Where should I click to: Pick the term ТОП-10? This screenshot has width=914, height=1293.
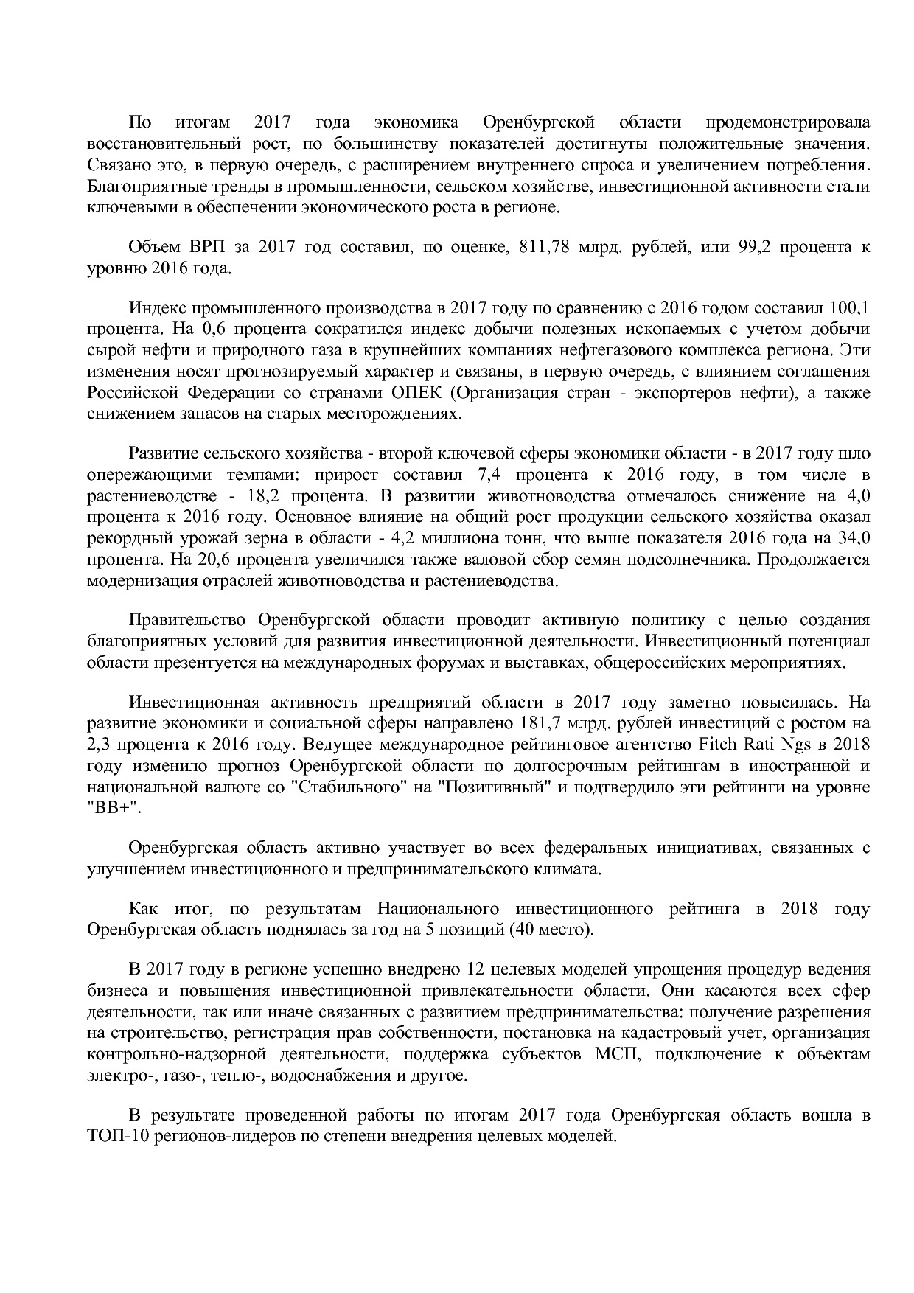(114, 1136)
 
